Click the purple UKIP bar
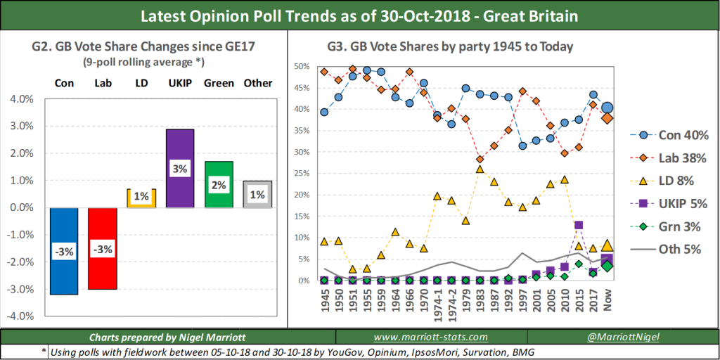[x=180, y=168]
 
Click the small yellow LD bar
[x=141, y=198]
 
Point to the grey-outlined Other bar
[x=257, y=194]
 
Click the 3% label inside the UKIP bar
[x=180, y=169]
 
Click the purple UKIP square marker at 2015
[x=579, y=226]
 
